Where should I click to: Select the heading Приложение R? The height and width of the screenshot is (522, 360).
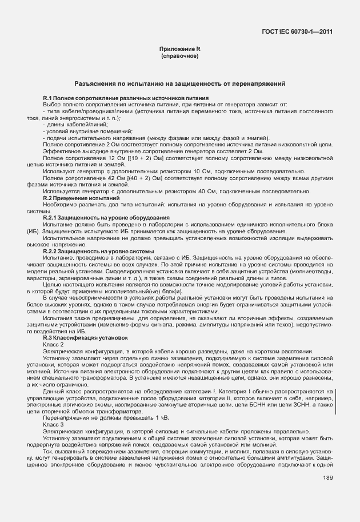click(x=179, y=50)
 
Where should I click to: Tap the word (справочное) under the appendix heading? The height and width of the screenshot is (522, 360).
click(x=179, y=57)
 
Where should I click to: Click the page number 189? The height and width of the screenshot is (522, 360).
click(x=327, y=477)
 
